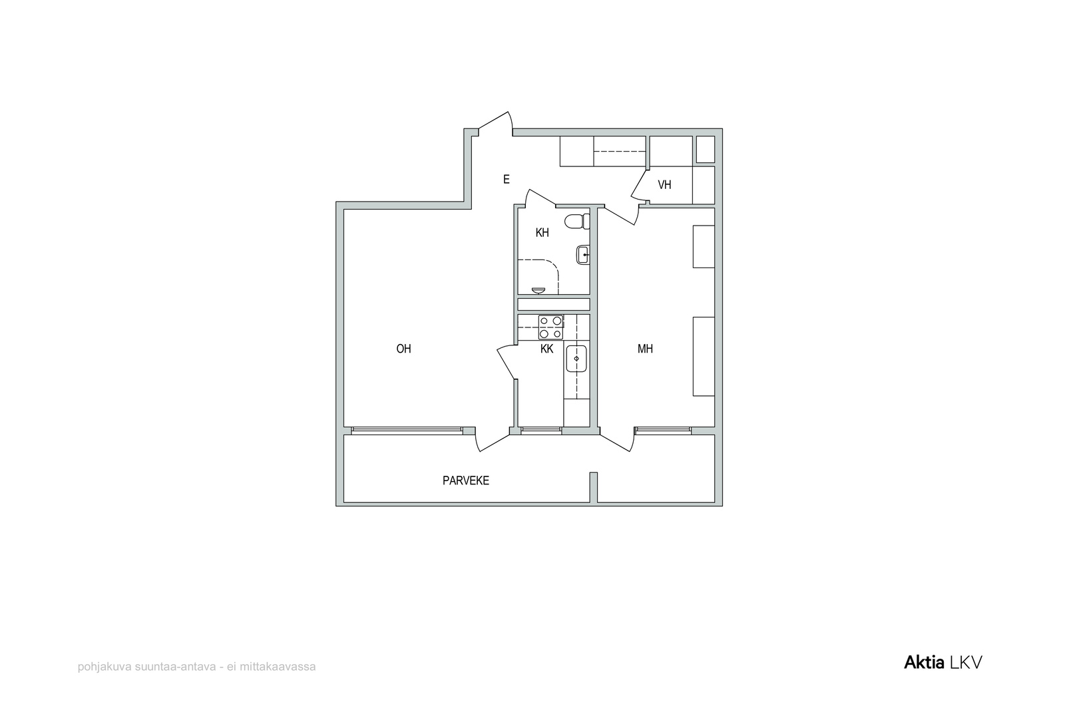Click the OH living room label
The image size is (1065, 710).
(x=403, y=349)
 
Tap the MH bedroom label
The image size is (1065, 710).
(x=645, y=349)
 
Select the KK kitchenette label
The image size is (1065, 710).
(x=546, y=349)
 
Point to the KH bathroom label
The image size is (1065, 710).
(x=542, y=232)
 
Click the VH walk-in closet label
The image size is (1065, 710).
(x=665, y=185)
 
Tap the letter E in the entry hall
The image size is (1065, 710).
(x=507, y=179)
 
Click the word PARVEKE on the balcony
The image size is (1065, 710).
(x=466, y=480)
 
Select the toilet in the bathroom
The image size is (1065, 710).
(x=577, y=222)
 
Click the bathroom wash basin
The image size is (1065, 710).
(x=583, y=255)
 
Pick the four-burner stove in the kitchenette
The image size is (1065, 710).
(x=550, y=327)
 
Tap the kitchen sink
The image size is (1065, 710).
(x=576, y=358)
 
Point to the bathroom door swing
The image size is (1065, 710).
(x=540, y=198)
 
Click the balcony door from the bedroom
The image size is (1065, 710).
(x=616, y=440)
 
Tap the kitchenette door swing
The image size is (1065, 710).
(x=507, y=362)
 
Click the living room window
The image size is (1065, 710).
(x=407, y=431)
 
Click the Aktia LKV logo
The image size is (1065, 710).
(x=943, y=663)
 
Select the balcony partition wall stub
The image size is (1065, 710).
(x=593, y=487)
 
